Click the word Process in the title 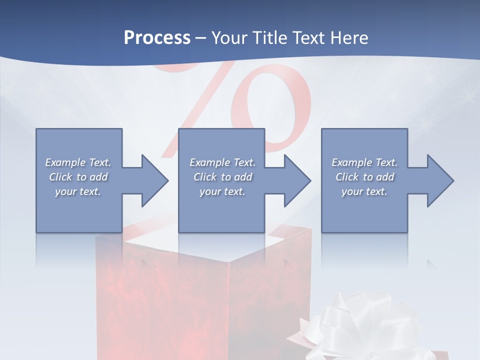(157, 38)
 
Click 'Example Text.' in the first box (78, 162)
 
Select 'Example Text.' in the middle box (222, 162)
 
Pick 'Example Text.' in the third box (364, 162)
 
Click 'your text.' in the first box (78, 191)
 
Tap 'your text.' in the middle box (222, 191)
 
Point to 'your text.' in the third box (364, 191)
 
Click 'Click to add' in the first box (78, 177)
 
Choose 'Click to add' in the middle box (222, 177)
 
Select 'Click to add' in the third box (364, 177)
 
